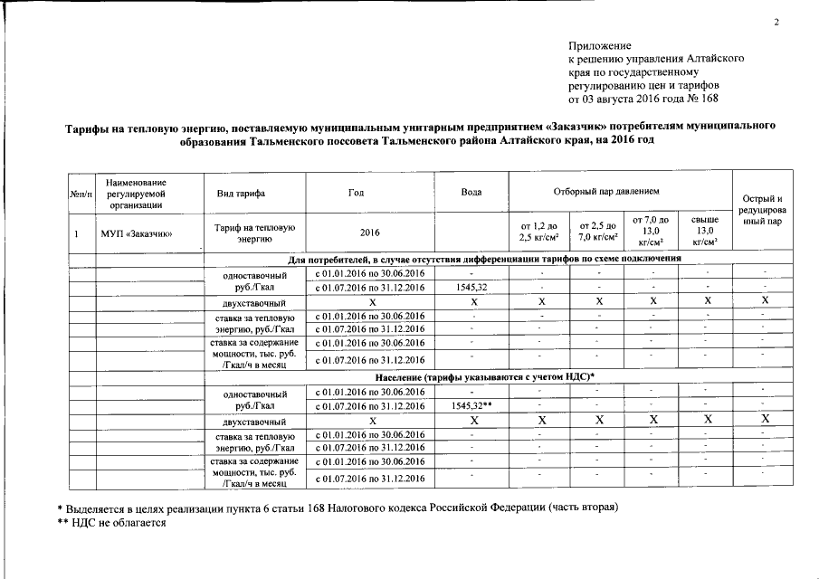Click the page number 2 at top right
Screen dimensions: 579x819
[x=776, y=23]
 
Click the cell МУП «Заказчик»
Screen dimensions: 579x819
[x=137, y=233]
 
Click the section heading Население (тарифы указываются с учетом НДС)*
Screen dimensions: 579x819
[x=484, y=376]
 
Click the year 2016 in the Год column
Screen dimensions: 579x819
[x=369, y=233]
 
